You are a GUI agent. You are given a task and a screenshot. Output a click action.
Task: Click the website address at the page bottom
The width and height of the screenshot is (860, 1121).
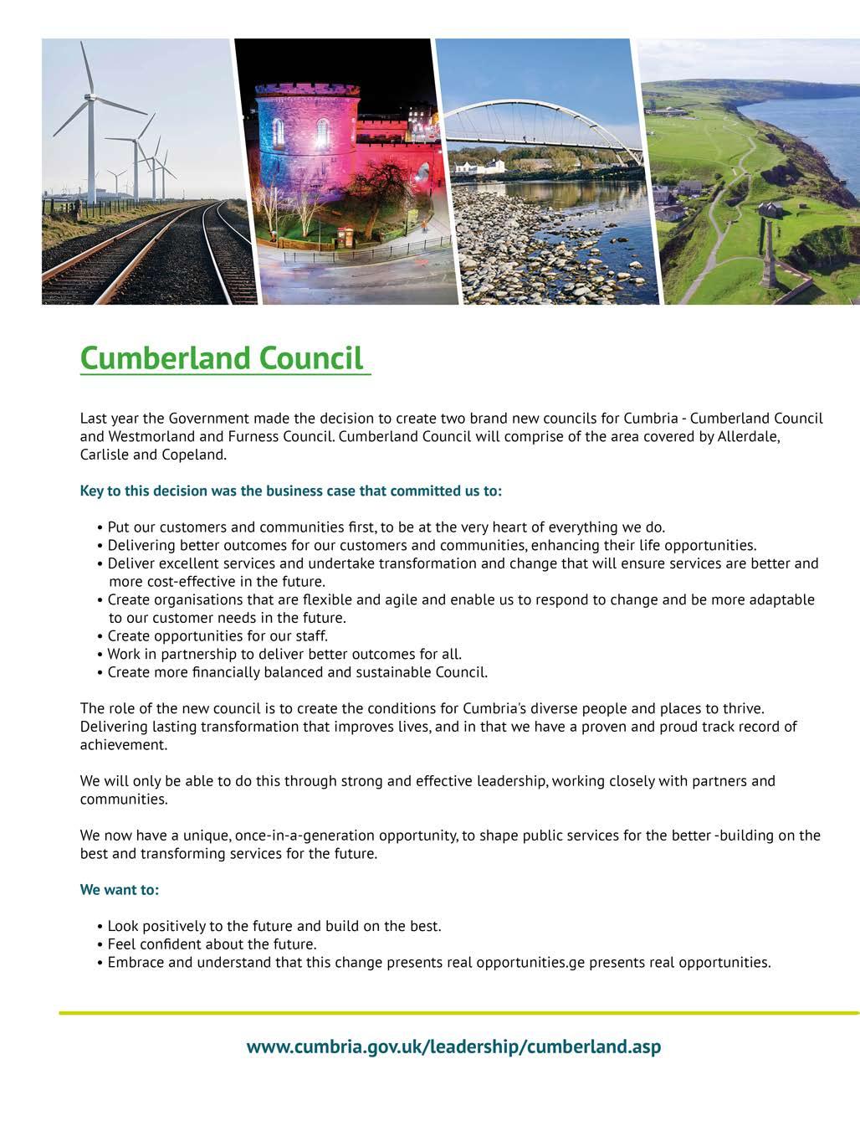click(453, 1046)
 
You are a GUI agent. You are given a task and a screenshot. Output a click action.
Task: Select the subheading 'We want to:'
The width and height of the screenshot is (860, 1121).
click(119, 889)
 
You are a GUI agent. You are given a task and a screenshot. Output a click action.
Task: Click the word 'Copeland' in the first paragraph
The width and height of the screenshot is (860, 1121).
click(197, 455)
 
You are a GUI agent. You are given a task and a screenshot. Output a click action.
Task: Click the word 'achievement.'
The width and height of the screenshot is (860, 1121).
click(124, 744)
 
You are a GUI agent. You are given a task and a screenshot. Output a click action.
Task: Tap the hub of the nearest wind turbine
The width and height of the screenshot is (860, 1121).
click(87, 99)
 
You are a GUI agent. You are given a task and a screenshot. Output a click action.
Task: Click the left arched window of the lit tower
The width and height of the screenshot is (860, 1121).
click(279, 132)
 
